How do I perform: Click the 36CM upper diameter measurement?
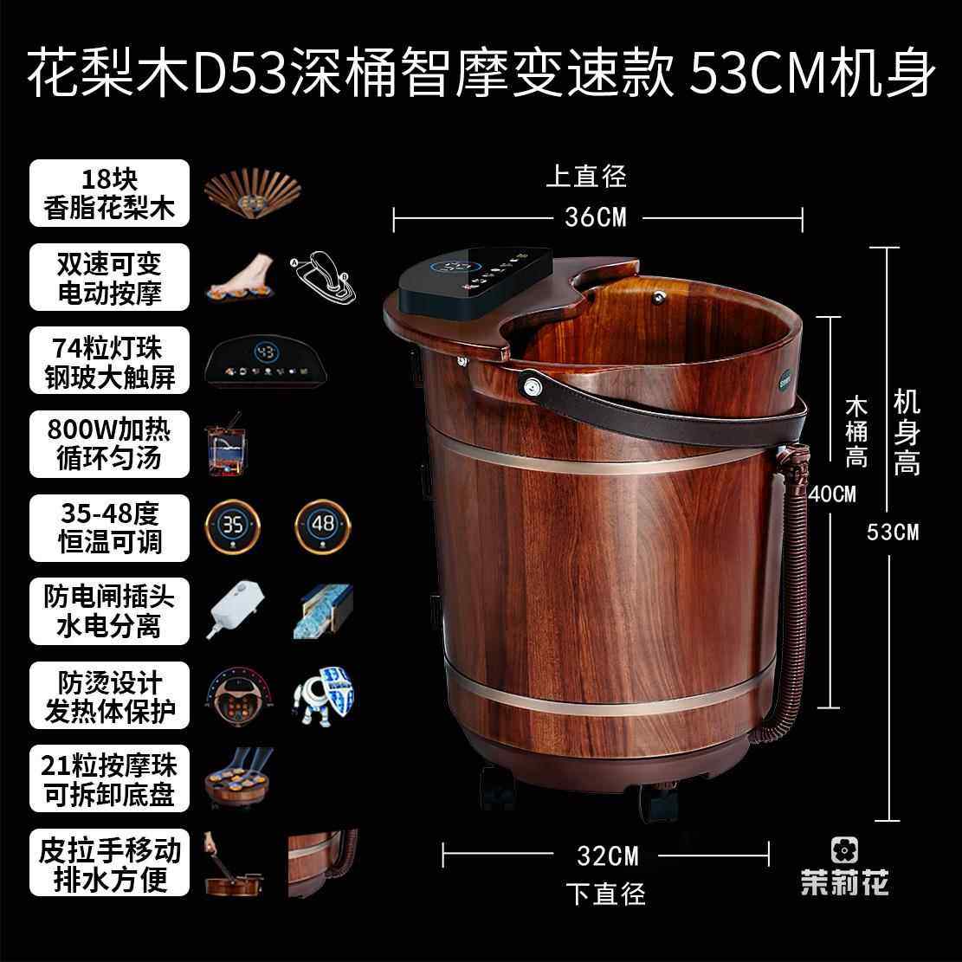595,216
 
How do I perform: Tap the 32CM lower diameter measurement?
607,855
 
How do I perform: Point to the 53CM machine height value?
893,532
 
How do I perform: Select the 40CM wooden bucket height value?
832,494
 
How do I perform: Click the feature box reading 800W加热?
109,443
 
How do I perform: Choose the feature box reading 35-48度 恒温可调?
109,528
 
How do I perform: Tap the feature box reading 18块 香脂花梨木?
109,193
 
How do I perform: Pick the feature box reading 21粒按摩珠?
109,778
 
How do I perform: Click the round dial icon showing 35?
232,526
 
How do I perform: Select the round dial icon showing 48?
323,526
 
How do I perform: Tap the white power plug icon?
234,610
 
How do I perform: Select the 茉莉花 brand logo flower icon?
843,849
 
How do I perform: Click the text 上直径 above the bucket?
585,177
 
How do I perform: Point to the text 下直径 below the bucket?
606,893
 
